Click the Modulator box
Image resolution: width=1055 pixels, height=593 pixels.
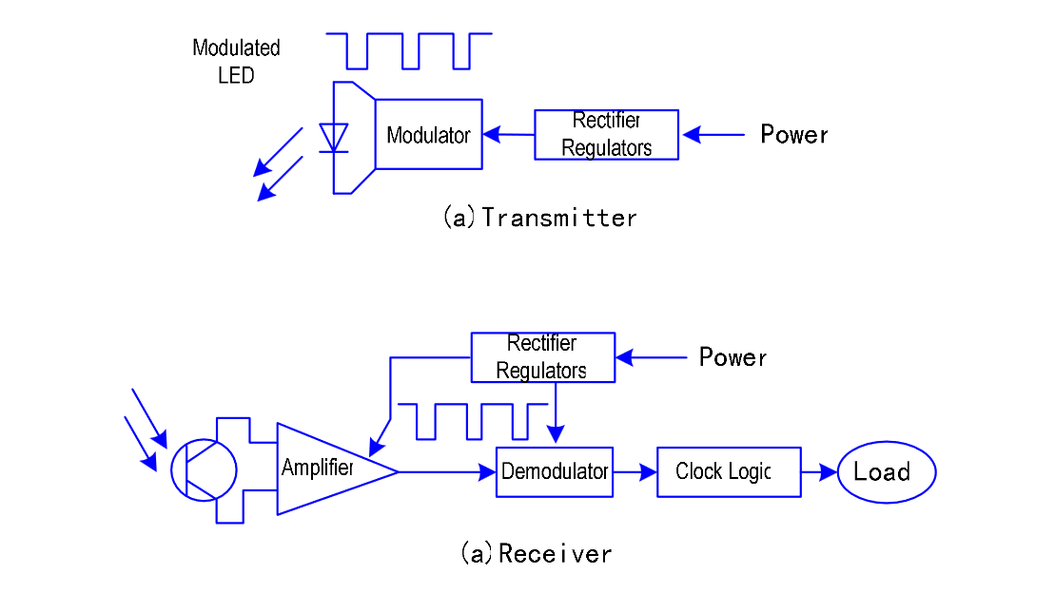coord(428,135)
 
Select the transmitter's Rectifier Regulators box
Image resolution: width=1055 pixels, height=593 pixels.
coord(606,135)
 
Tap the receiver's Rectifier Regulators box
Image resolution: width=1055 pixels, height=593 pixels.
coord(542,357)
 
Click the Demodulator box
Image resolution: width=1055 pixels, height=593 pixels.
coord(554,471)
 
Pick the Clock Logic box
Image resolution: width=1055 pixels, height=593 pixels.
coord(728,471)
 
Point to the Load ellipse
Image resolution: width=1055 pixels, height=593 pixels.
coord(886,471)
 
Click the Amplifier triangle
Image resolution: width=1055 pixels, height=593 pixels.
coord(323,469)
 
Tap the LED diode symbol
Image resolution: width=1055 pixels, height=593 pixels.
coord(334,138)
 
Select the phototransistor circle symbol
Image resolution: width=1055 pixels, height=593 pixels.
coord(204,469)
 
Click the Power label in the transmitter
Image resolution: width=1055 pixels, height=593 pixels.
coord(793,135)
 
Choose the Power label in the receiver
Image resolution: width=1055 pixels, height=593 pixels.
coord(733,357)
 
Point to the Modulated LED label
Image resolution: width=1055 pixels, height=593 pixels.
coord(236,61)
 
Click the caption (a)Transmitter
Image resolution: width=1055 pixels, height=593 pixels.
coord(539,218)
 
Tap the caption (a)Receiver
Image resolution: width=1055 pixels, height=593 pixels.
coord(536,553)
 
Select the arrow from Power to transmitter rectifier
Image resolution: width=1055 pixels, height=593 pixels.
coord(713,135)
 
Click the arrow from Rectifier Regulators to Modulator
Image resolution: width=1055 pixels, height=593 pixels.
coord(508,135)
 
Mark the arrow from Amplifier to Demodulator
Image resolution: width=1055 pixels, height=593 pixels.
coord(447,471)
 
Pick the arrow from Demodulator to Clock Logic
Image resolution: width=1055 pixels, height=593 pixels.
coord(635,471)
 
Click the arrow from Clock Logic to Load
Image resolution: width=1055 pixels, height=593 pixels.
coord(818,471)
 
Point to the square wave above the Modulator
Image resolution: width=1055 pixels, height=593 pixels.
coord(409,50)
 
